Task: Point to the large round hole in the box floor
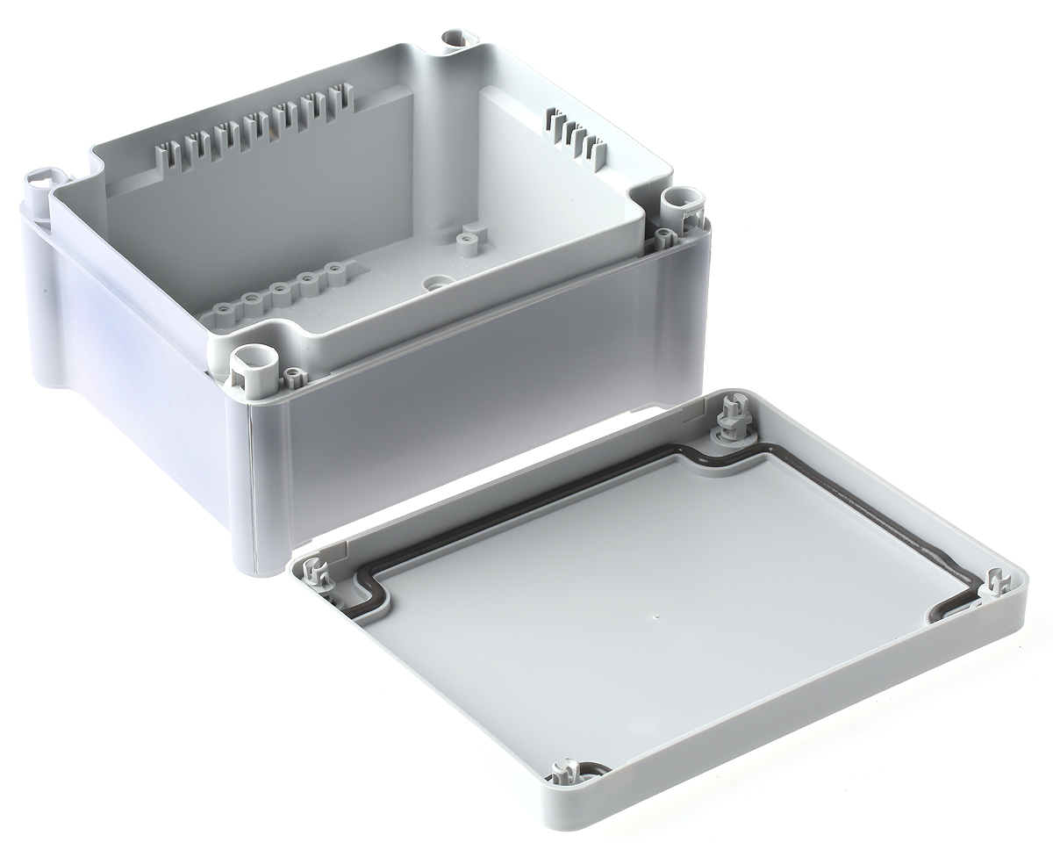point(435,284)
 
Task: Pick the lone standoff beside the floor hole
point(468,238)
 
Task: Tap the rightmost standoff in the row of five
point(335,270)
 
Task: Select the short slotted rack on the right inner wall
point(575,136)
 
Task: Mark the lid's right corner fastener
point(998,585)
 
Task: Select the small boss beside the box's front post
point(293,378)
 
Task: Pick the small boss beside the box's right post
point(664,236)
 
